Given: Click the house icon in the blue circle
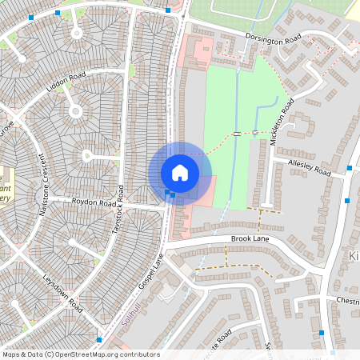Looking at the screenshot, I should [x=180, y=172].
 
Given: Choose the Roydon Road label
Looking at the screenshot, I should [x=94, y=203].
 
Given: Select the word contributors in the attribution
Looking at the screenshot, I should [x=141, y=354].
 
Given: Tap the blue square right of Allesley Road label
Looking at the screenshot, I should [x=350, y=168].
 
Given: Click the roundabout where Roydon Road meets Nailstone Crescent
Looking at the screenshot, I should [x=42, y=197].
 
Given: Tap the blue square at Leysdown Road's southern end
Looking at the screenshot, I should [x=98, y=340].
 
